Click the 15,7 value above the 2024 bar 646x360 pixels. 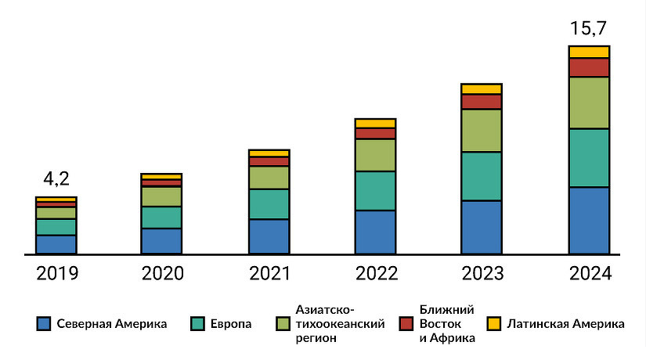click(x=589, y=31)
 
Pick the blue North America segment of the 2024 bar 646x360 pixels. click(x=589, y=221)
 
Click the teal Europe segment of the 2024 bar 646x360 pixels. click(x=589, y=157)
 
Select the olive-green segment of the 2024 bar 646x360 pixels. click(x=589, y=103)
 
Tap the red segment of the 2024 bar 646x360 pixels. click(x=589, y=67)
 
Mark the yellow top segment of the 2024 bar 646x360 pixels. click(x=589, y=52)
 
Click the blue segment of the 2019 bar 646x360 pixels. click(x=56, y=244)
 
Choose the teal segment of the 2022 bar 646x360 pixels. click(x=375, y=190)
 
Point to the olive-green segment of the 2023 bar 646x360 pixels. click(x=482, y=130)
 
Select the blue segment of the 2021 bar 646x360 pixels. click(x=269, y=236)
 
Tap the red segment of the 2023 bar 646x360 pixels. click(x=482, y=102)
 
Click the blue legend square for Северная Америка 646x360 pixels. click(x=44, y=323)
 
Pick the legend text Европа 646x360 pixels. click(x=231, y=323)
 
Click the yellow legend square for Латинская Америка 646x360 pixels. click(x=494, y=323)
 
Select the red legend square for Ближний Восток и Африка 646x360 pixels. click(x=406, y=323)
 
